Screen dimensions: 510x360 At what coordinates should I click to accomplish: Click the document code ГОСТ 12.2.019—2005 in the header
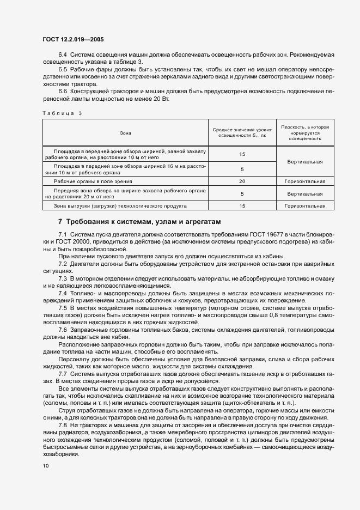[x=73, y=40]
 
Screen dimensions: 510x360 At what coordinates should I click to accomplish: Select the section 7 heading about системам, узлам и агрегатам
[x=139, y=222]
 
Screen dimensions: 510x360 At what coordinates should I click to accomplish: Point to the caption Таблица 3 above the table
[x=62, y=113]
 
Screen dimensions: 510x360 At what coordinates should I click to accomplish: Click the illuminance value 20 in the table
[x=242, y=181]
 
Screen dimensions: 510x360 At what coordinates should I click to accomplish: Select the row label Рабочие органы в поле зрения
[x=90, y=181]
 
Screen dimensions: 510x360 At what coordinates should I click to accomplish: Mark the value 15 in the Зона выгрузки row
[x=242, y=206]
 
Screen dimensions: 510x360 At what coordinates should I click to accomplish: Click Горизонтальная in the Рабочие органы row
[x=304, y=181]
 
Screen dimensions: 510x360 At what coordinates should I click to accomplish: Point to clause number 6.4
[x=62, y=56]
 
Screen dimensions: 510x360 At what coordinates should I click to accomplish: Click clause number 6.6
[x=62, y=90]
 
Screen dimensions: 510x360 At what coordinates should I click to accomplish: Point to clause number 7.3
[x=62, y=278]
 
